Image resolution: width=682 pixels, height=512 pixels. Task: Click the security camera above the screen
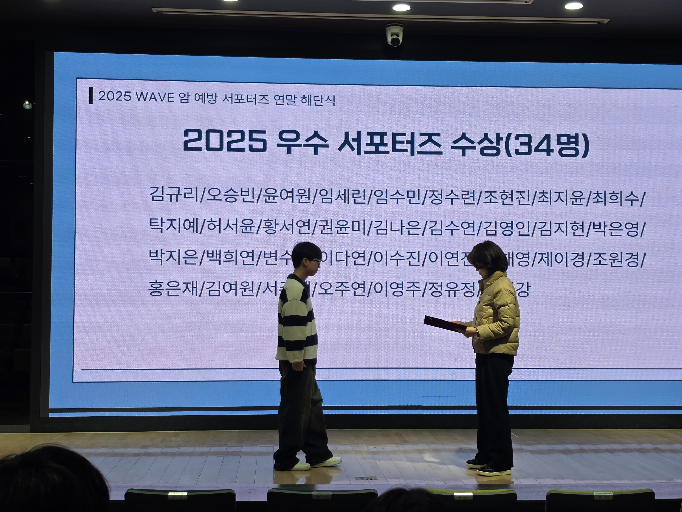tap(395, 35)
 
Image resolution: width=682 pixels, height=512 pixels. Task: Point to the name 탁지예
tap(174, 226)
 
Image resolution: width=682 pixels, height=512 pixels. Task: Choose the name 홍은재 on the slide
tap(174, 288)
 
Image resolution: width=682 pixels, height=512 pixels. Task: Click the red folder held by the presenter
tap(445, 324)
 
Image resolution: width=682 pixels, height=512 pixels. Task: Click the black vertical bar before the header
tap(91, 96)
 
